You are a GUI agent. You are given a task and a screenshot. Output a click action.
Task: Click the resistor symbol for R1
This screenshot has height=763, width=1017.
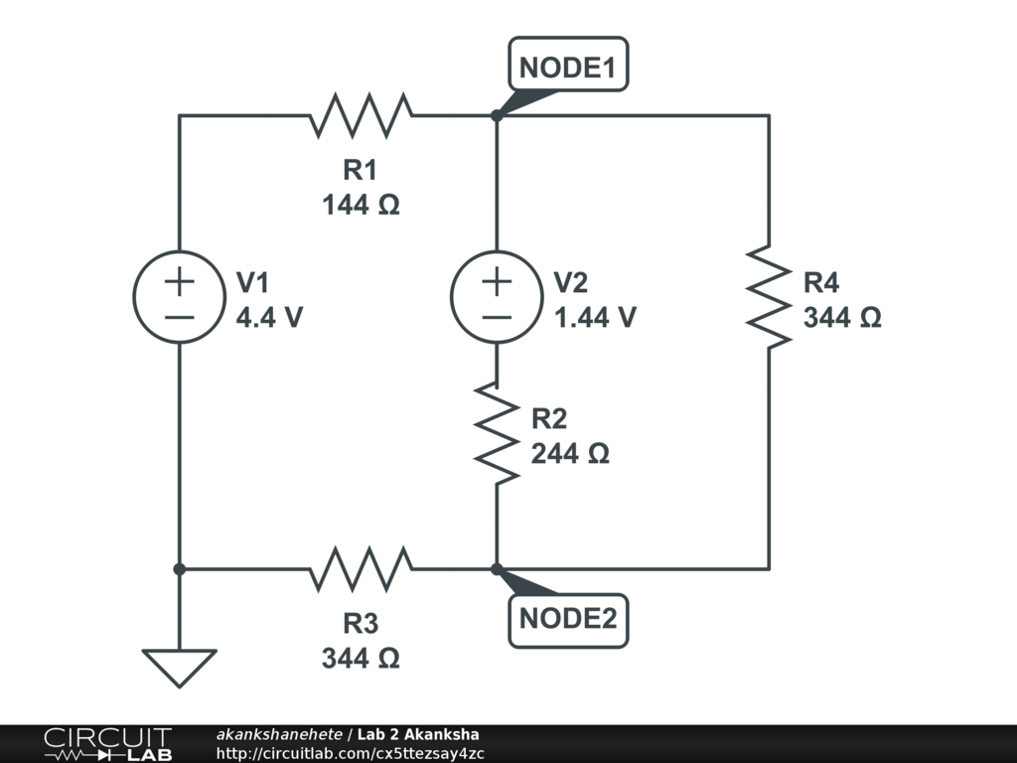pyautogui.click(x=361, y=115)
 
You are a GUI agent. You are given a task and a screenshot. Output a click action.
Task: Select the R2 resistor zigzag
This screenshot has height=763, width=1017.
pyautogui.click(x=497, y=433)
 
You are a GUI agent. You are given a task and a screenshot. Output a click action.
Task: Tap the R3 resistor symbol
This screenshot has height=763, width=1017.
pyautogui.click(x=361, y=569)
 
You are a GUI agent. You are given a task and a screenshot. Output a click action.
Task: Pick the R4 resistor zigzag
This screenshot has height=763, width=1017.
pyautogui.click(x=769, y=296)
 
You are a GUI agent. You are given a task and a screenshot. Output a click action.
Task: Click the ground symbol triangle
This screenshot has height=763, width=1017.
pyautogui.click(x=180, y=668)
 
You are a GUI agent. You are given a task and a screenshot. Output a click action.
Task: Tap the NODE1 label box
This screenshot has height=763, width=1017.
pyautogui.click(x=568, y=64)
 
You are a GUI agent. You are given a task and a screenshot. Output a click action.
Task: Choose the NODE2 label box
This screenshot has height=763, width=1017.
pyautogui.click(x=568, y=621)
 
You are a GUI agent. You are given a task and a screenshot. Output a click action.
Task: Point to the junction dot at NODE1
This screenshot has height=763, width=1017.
pyautogui.click(x=497, y=115)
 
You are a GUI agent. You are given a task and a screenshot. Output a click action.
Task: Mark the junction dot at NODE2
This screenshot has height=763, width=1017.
pyautogui.click(x=497, y=569)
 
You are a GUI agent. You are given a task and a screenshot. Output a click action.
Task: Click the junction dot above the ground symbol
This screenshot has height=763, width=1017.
pyautogui.click(x=180, y=569)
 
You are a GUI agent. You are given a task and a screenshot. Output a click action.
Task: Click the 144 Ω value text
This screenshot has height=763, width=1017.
pyautogui.click(x=361, y=205)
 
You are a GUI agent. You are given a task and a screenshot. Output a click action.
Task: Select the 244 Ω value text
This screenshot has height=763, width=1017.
pyautogui.click(x=570, y=453)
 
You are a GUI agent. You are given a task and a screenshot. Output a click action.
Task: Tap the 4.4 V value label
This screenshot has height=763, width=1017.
pyautogui.click(x=269, y=317)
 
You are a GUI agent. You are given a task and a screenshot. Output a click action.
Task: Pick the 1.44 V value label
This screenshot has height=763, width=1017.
pyautogui.click(x=595, y=317)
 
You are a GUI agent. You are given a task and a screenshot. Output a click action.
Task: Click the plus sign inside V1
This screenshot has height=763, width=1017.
pyautogui.click(x=180, y=281)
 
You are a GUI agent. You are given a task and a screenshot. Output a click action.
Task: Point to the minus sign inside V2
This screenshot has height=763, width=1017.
pyautogui.click(x=497, y=317)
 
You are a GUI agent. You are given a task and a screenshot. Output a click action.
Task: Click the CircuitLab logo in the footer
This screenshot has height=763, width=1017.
pyautogui.click(x=107, y=744)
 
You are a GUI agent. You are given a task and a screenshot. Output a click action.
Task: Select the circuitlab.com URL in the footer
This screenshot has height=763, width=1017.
pyautogui.click(x=350, y=753)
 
